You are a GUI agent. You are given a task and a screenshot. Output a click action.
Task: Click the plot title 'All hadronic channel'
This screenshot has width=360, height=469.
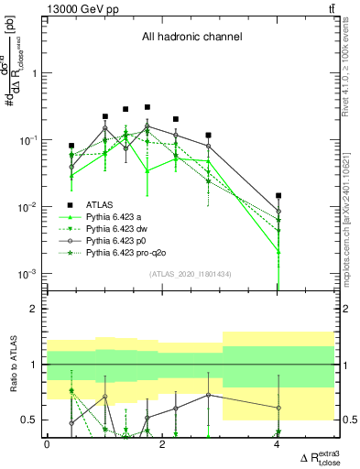(x=190, y=38)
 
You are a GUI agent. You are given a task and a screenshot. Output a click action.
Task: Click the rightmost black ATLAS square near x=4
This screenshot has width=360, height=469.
(x=278, y=195)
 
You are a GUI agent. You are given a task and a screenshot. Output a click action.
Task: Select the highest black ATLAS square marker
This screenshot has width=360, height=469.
(x=147, y=107)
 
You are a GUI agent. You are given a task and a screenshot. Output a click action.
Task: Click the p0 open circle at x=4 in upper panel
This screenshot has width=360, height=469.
(x=278, y=212)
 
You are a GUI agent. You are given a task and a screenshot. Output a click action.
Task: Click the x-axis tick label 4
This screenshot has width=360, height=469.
(x=278, y=444)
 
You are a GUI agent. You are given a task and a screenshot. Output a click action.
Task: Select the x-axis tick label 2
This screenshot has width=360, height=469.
(x=162, y=444)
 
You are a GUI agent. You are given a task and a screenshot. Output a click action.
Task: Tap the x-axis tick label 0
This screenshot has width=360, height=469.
(x=47, y=444)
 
